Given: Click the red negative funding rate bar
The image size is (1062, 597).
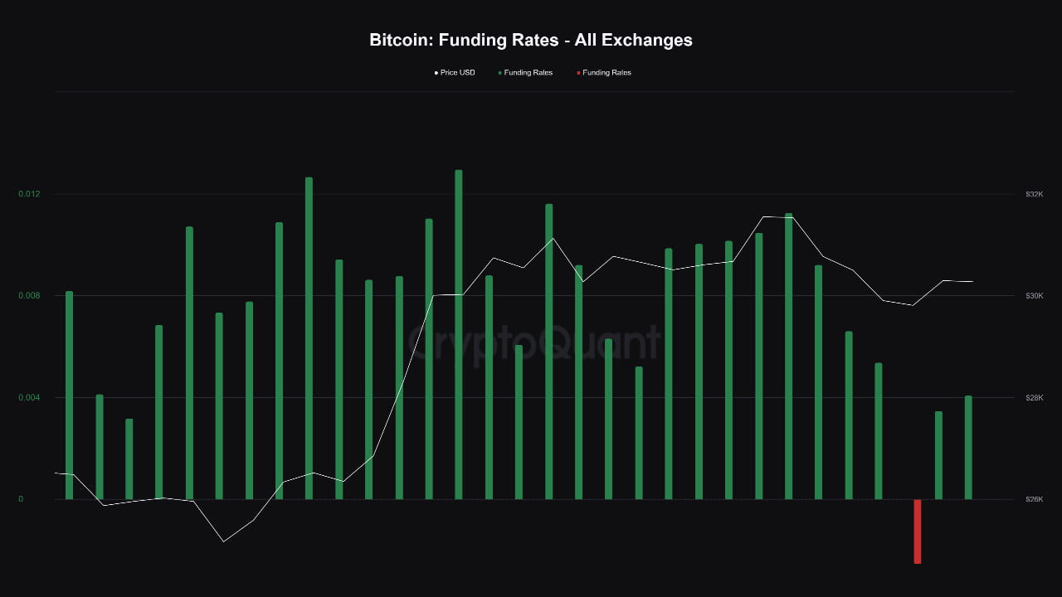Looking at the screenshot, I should (x=918, y=531).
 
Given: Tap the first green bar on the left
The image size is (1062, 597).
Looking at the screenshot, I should (x=69, y=395).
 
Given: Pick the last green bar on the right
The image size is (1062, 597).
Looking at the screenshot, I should (x=968, y=448).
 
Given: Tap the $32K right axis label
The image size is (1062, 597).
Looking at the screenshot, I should (x=1034, y=194).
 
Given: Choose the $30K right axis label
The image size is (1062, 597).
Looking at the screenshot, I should (x=1034, y=296).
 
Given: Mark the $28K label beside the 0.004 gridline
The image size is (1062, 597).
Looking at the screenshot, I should (x=1034, y=398).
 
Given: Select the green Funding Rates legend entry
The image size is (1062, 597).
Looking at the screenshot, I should (x=528, y=73).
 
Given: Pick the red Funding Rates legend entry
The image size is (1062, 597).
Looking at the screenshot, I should (x=607, y=73).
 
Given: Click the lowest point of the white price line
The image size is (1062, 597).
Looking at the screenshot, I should (x=223, y=541).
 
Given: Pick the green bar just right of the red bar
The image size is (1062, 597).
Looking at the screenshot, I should (x=938, y=455).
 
